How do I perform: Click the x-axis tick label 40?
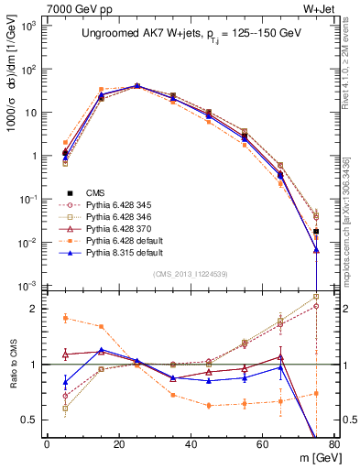(191, 444)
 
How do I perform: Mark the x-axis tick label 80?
(334, 444)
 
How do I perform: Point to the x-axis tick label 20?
(118, 444)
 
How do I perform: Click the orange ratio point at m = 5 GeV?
(65, 318)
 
